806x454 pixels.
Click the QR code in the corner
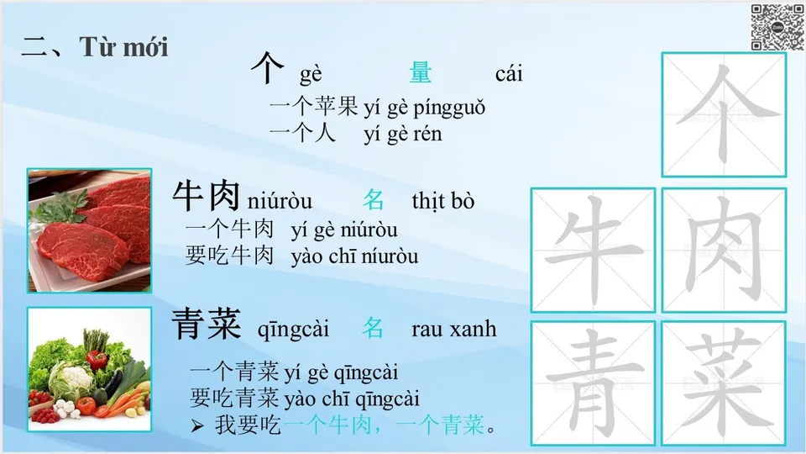point(777,26)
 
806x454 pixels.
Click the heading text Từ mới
point(124,47)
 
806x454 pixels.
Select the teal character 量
point(421,73)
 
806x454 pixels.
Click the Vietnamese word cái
point(509,74)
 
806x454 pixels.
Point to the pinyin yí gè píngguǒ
point(424,108)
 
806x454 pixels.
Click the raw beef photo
point(89,230)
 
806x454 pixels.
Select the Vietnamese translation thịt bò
point(442,201)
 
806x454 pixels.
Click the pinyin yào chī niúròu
point(354,256)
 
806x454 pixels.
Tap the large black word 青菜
point(207,325)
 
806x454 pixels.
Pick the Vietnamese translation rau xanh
point(453,329)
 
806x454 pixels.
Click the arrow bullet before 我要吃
point(197,426)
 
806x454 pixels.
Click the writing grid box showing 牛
point(593,250)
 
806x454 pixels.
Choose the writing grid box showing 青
point(593,383)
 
